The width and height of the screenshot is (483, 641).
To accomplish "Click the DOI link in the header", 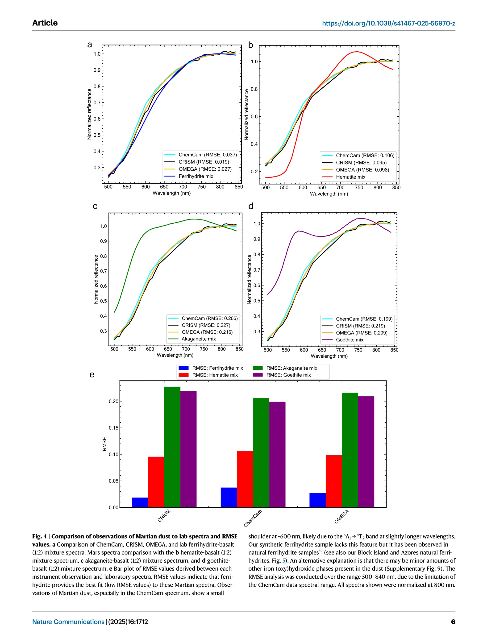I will pyautogui.click(x=388, y=24).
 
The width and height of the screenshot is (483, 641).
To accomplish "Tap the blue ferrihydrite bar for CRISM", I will pyautogui.click(x=140, y=502).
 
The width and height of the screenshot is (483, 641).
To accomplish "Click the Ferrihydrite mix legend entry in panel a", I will pyautogui.click(x=196, y=176).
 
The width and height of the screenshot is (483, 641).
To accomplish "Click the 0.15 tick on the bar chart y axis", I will pyautogui.click(x=113, y=428).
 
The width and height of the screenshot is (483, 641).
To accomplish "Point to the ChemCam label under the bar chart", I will pyautogui.click(x=253, y=518).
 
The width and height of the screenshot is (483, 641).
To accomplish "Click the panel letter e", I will pyautogui.click(x=92, y=375).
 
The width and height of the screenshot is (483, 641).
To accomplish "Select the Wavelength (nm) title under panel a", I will pyautogui.click(x=171, y=193).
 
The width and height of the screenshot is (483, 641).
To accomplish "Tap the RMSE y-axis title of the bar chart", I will pyautogui.click(x=105, y=444).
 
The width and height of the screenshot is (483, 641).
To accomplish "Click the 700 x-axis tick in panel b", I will pyautogui.click(x=340, y=188).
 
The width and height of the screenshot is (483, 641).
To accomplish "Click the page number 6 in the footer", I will pyautogui.click(x=453, y=622).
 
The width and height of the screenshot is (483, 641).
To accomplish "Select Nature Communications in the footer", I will pyautogui.click(x=68, y=622).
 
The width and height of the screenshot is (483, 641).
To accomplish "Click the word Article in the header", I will pyautogui.click(x=45, y=23).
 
